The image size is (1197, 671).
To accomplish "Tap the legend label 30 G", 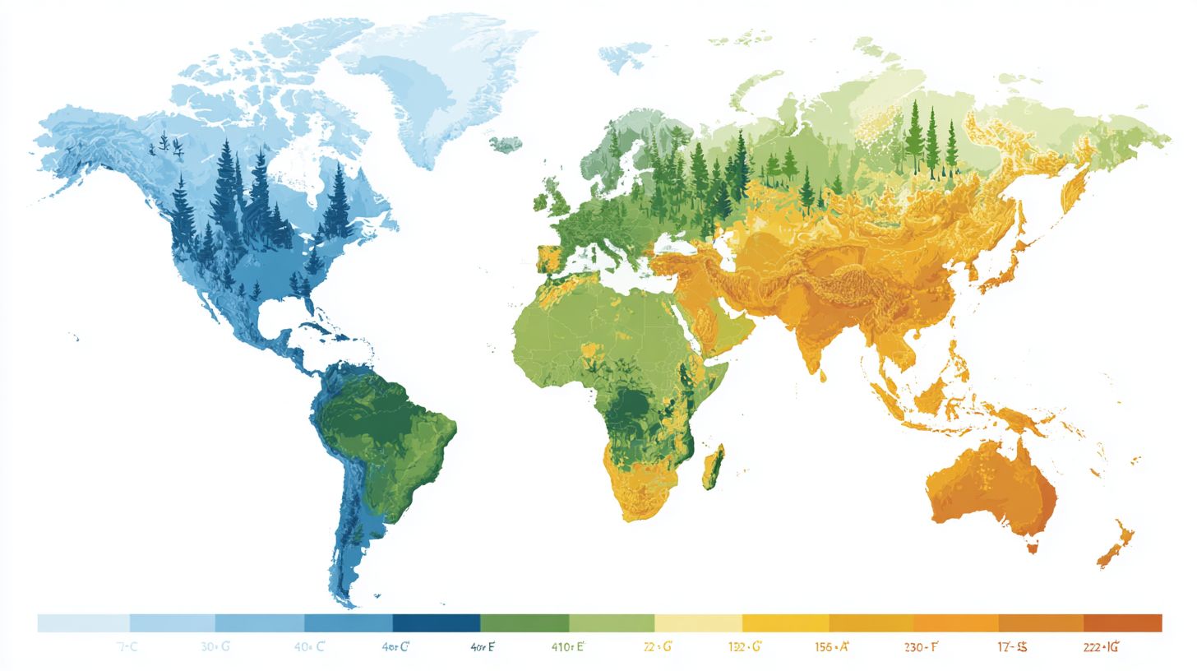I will point(215,647).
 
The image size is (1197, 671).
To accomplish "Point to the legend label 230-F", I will point(921,647).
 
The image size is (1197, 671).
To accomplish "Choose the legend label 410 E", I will point(567,647).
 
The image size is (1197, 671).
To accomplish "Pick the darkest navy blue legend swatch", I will point(436,622).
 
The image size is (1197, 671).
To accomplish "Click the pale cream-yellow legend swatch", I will point(698,622).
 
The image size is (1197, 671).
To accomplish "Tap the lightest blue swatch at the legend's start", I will point(83,622).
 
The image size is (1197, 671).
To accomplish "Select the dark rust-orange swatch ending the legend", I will point(1122,622).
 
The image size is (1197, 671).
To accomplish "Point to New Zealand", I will point(1116,543).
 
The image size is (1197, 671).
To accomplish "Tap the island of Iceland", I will point(506,144).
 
